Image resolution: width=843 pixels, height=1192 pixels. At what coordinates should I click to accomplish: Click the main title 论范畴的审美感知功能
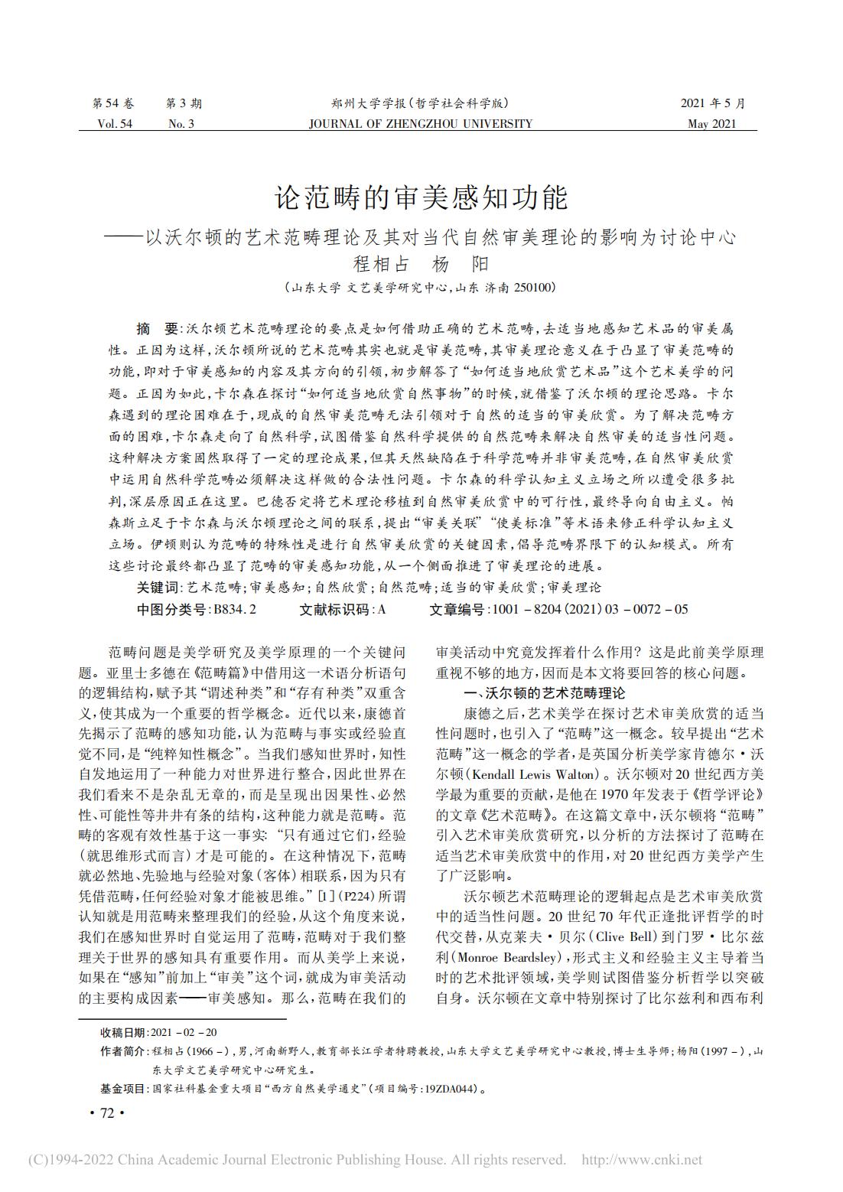click(421, 197)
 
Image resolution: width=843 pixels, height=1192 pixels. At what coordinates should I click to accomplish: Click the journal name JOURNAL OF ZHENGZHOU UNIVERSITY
click(420, 124)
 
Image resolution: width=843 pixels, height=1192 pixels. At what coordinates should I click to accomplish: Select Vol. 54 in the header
click(115, 124)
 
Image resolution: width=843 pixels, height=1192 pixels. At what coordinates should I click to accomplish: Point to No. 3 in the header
click(181, 124)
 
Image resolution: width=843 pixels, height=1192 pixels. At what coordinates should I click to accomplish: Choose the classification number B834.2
click(235, 610)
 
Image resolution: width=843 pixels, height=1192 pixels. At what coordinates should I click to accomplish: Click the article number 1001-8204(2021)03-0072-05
click(591, 610)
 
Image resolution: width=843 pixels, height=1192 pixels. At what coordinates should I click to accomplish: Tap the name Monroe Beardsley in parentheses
click(503, 957)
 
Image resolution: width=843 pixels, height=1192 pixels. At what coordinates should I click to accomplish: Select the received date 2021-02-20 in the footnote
click(184, 1032)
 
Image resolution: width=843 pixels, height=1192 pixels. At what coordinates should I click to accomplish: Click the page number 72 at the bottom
click(106, 1113)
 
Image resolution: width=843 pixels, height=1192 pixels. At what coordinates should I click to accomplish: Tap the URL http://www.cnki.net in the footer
click(642, 1160)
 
